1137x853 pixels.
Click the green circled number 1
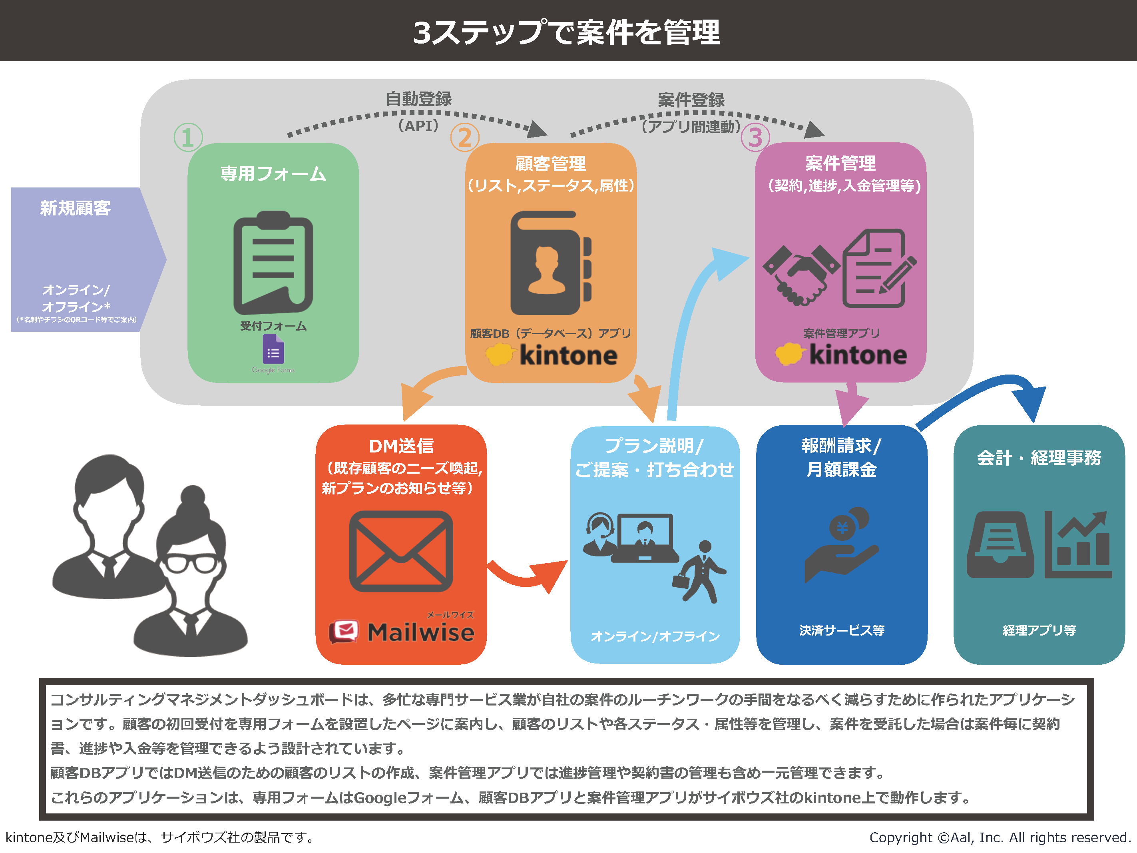coord(188,137)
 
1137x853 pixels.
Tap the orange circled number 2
coord(465,137)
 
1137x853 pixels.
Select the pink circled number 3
coord(755,137)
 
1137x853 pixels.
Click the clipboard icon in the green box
coord(273,263)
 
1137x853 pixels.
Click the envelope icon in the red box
coord(401,551)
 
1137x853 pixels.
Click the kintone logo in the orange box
coord(551,355)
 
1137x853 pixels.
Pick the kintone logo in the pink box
coord(841,355)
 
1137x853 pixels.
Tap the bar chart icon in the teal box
coord(1078,544)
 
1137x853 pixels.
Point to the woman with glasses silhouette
coord(190,571)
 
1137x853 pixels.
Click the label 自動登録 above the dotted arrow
coord(419,99)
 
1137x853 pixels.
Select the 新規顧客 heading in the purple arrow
coord(76,208)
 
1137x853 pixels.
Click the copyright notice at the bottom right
coord(1000,837)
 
